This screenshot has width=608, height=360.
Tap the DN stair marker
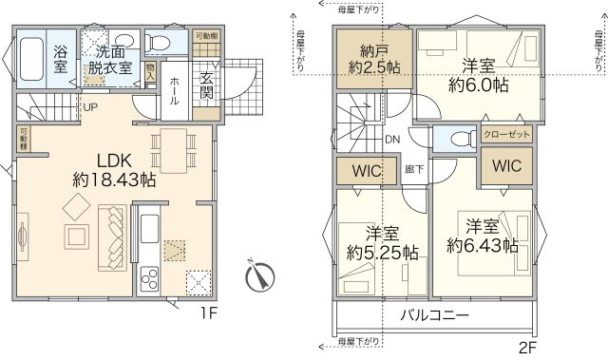(391, 141)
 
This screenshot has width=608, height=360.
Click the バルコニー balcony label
(433, 313)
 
